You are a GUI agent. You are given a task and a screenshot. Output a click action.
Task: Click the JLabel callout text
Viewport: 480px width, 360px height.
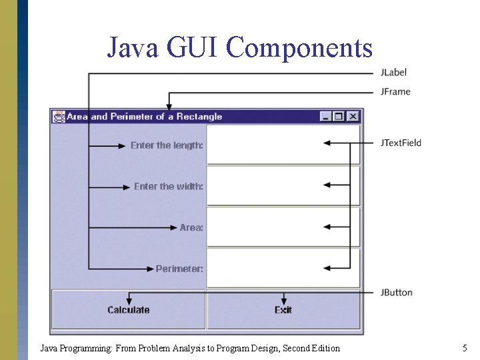393,72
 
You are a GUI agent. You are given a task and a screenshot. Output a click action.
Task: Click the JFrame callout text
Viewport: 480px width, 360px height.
395,91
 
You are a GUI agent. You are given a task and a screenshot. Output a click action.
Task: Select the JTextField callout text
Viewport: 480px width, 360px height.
401,143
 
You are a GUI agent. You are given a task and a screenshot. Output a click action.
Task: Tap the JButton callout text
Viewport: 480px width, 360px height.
397,292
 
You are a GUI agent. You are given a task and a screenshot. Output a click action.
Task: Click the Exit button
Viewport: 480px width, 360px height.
283,310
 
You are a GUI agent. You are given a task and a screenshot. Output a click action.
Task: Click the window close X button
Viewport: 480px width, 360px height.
353,117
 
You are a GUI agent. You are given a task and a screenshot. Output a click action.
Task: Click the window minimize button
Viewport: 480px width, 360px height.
325,117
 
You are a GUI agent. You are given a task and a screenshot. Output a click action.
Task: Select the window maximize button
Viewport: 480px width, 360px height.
339,117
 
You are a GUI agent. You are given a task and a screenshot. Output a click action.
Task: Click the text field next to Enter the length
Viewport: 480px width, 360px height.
283,145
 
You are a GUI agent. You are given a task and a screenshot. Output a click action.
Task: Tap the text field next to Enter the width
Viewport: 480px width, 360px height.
283,186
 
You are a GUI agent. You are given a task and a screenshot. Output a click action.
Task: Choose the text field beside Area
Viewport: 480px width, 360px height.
283,227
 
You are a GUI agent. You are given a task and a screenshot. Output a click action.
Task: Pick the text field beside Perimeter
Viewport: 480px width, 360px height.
283,268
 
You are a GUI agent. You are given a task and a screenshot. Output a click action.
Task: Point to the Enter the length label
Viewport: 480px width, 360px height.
167,145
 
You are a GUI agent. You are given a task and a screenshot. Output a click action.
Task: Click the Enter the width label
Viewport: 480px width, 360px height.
169,187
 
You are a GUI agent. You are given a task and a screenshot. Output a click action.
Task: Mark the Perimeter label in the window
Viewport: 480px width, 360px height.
179,269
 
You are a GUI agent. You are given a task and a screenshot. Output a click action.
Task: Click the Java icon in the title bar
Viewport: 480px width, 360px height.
59,117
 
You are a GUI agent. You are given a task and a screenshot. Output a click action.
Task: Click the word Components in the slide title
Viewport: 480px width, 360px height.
299,47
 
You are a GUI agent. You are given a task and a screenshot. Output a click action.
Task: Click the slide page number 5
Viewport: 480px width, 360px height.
465,348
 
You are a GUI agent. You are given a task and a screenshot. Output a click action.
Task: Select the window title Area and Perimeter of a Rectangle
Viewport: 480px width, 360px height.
144,117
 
